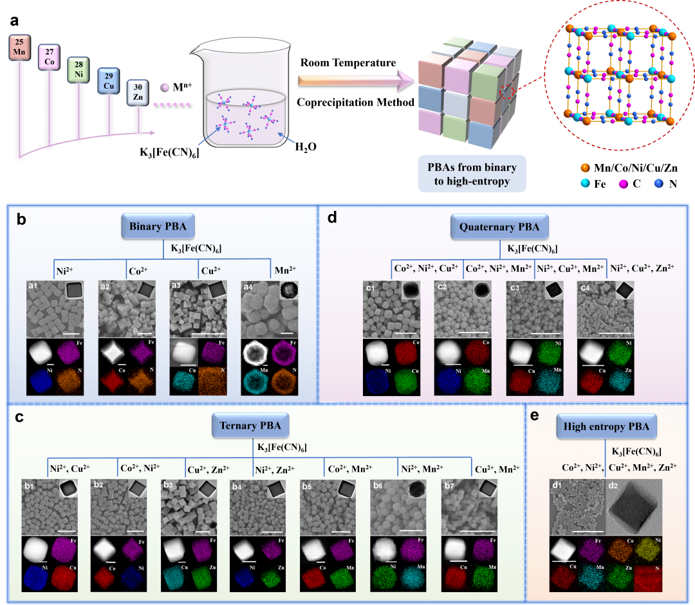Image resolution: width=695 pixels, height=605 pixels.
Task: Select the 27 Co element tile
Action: click(x=50, y=58)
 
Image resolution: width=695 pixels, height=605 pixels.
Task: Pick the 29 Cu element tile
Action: click(x=108, y=81)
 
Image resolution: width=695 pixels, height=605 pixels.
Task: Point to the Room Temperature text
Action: click(x=347, y=62)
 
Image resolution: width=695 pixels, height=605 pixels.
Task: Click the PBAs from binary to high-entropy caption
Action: click(x=471, y=174)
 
